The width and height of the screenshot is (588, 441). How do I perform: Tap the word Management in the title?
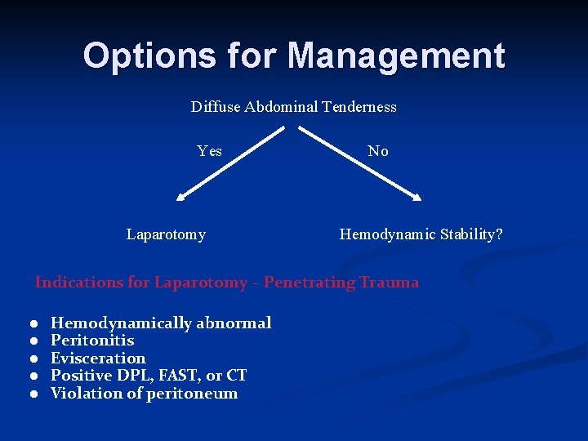[x=396, y=56]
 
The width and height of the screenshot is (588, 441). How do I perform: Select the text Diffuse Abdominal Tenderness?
[x=293, y=107]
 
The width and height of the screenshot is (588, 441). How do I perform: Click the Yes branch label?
[x=210, y=151]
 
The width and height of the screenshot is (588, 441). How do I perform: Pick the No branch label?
[x=378, y=151]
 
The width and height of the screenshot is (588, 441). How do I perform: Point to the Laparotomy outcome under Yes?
[x=166, y=235]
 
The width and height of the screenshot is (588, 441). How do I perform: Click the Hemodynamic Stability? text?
[x=421, y=235]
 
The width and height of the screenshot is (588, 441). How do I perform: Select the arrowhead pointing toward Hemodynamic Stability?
[x=416, y=196]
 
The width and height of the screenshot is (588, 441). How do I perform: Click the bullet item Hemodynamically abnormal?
[x=161, y=323]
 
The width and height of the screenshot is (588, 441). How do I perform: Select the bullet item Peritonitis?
[x=92, y=341]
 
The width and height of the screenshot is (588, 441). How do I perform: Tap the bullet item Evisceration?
[x=98, y=359]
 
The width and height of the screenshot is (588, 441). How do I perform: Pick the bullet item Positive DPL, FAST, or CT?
[x=149, y=376]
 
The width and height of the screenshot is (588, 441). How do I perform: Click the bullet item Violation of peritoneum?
[x=145, y=394]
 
